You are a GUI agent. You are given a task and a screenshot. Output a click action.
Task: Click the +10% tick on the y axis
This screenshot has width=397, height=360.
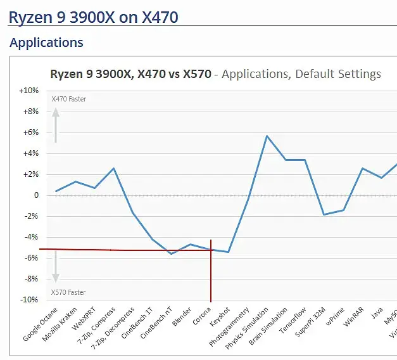pyautogui.click(x=30, y=91)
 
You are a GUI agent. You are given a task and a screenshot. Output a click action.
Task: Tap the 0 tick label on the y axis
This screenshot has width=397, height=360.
pyautogui.click(x=35, y=195)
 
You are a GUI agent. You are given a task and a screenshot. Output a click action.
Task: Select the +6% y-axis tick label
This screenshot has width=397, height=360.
pyautogui.click(x=31, y=132)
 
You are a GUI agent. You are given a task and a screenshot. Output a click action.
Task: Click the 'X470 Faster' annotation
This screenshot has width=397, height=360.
pyautogui.click(x=69, y=99)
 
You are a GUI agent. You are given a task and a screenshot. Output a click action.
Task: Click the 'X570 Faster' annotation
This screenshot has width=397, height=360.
pyautogui.click(x=69, y=292)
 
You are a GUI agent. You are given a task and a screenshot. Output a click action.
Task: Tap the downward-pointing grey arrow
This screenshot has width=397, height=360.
pyautogui.click(x=56, y=266)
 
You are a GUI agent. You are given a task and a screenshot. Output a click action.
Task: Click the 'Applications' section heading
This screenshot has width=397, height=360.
pyautogui.click(x=46, y=43)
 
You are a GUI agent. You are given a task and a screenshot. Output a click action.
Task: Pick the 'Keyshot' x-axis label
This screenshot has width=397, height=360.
pyautogui.click(x=220, y=316)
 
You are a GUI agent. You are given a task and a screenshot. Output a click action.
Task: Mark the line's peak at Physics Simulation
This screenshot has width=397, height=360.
pyautogui.click(x=267, y=136)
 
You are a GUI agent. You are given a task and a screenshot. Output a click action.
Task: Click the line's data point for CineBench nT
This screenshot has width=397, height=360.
pyautogui.click(x=171, y=254)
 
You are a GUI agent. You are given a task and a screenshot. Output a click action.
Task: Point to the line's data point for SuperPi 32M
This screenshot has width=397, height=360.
pyautogui.click(x=324, y=214)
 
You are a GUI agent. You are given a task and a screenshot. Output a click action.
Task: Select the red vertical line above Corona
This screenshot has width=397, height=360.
pyautogui.click(x=211, y=273)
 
